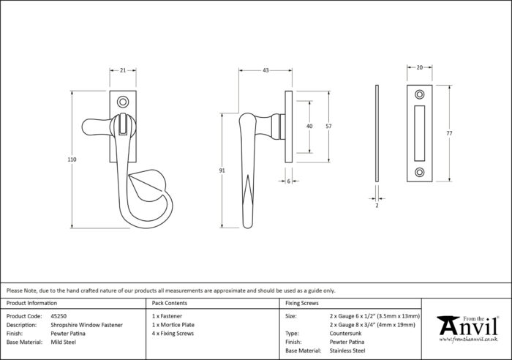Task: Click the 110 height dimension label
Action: point(72,160)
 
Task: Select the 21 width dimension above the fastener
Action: point(123,70)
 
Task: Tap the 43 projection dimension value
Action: point(266,70)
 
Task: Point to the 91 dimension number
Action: point(222,170)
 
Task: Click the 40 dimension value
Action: point(309,126)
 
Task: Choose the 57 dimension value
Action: point(329,126)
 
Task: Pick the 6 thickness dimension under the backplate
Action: point(289,181)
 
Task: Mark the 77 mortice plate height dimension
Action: point(450,133)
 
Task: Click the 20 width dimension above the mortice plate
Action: point(420,67)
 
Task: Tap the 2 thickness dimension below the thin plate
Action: point(377,206)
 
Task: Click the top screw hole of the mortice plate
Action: point(420,94)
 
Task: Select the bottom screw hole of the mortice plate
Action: point(420,172)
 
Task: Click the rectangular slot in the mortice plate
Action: point(420,133)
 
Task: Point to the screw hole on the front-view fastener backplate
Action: point(123,102)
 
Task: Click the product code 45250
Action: point(59,316)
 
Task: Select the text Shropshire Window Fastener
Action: point(87,325)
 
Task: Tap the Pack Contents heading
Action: point(170,303)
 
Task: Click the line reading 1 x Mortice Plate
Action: point(173,325)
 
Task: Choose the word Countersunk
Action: point(346,334)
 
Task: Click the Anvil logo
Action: point(468,329)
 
